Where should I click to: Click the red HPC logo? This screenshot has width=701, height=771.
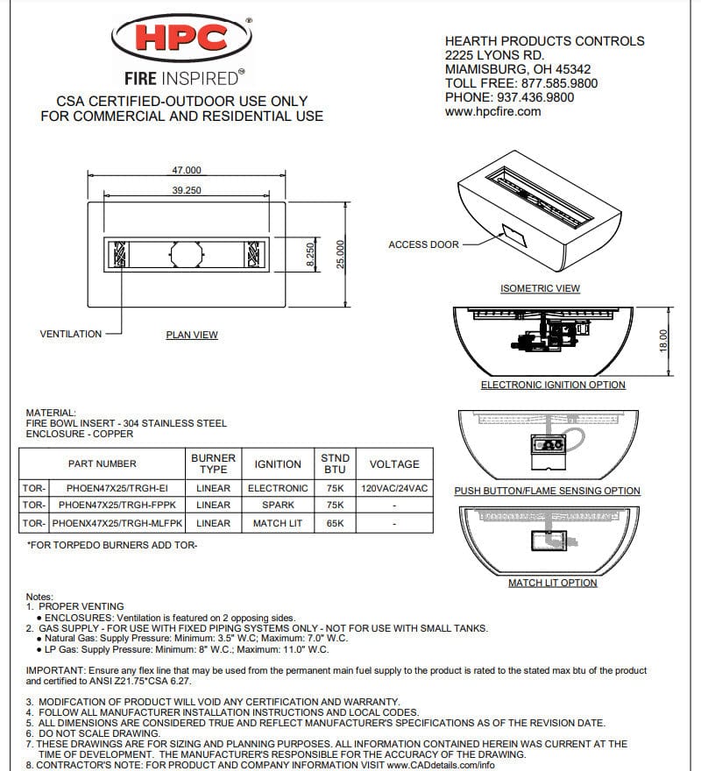click(181, 38)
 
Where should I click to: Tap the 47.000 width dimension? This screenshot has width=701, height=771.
click(187, 170)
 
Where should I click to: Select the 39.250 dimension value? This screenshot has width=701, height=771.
click(187, 190)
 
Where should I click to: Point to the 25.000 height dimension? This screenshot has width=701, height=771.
click(341, 255)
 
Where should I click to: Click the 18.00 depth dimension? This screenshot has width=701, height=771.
click(663, 339)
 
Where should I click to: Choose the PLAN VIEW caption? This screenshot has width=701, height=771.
click(192, 335)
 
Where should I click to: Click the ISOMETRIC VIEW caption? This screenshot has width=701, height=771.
click(540, 288)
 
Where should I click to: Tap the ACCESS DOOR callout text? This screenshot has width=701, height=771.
click(423, 244)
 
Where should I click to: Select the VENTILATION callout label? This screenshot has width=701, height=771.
click(70, 334)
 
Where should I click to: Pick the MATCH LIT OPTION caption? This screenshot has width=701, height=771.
click(552, 583)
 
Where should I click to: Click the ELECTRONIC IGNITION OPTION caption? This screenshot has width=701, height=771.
click(553, 385)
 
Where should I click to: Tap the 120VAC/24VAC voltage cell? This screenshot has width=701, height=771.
click(394, 487)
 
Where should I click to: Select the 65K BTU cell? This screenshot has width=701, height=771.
click(336, 523)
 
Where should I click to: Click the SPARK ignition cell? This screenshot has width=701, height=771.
click(278, 505)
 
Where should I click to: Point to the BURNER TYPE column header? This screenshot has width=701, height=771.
click(213, 463)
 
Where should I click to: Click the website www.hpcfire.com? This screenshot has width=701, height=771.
click(492, 111)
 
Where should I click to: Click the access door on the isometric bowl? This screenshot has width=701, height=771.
click(511, 233)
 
